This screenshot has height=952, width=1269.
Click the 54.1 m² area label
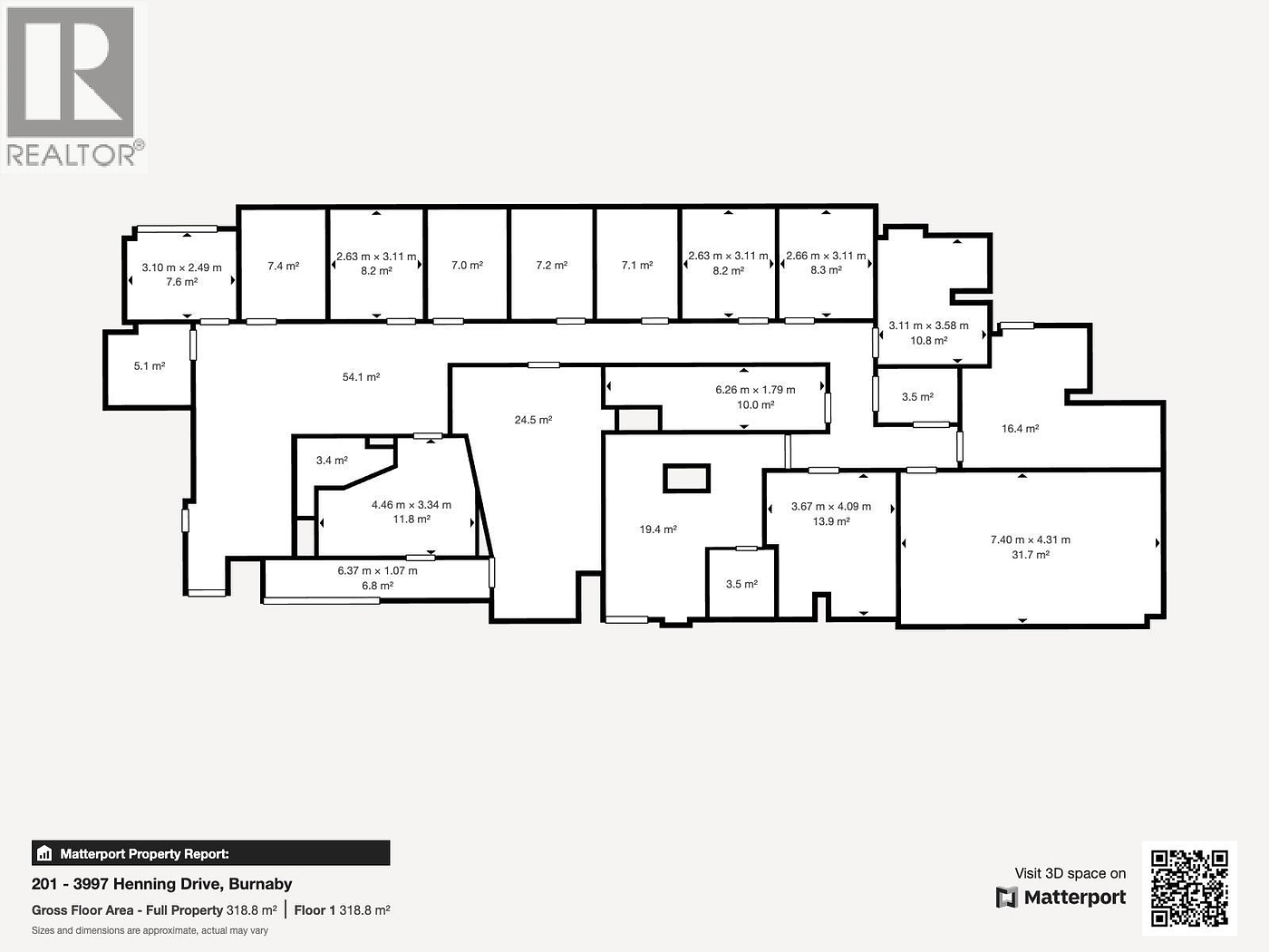pyautogui.click(x=361, y=377)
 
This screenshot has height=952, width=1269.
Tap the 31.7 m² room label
pyautogui.click(x=1030, y=555)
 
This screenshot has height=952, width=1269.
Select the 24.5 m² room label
pyautogui.click(x=533, y=421)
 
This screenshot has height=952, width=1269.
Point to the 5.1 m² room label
pyautogui.click(x=150, y=366)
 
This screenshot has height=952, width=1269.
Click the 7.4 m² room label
pyautogui.click(x=283, y=267)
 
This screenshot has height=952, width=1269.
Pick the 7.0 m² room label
pyautogui.click(x=467, y=266)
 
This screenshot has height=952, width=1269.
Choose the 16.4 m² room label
pyautogui.click(x=1020, y=429)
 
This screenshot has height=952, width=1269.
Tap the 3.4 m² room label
pyautogui.click(x=332, y=461)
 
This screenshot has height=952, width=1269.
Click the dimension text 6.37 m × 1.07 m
pyautogui.click(x=377, y=571)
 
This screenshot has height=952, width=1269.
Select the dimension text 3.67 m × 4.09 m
pyautogui.click(x=830, y=507)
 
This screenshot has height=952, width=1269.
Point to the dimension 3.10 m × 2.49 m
pyautogui.click(x=181, y=267)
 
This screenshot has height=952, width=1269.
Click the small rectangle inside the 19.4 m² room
pyautogui.click(x=686, y=478)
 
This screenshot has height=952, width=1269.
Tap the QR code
pyautogui.click(x=1189, y=888)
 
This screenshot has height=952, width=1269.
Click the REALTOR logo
pyautogui.click(x=73, y=87)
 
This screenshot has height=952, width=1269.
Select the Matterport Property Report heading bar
pyautogui.click(x=210, y=853)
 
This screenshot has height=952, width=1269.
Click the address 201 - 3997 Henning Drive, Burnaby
pyautogui.click(x=161, y=884)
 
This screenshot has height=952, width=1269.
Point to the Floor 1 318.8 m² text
pyautogui.click(x=342, y=910)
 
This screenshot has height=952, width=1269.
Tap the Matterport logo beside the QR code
pyautogui.click(x=1061, y=898)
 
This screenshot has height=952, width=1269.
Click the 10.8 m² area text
pyautogui.click(x=928, y=341)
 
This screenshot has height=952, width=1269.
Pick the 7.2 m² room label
pyautogui.click(x=551, y=266)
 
